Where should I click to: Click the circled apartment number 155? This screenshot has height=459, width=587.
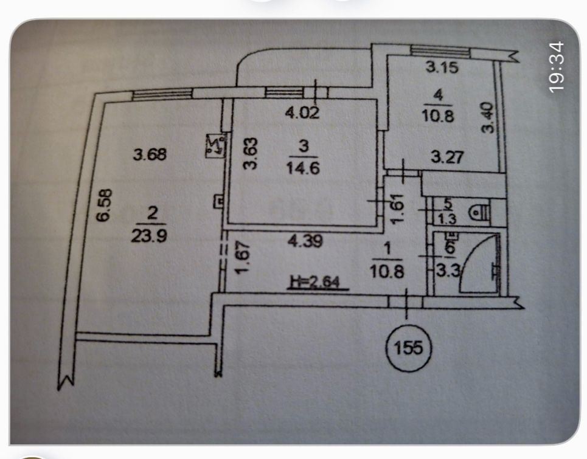pos(408,348)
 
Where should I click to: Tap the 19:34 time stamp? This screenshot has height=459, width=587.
pos(556,66)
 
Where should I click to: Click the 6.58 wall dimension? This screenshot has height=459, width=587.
pos(104,205)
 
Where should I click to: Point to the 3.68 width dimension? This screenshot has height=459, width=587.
pos(150,154)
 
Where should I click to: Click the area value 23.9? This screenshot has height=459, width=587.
pos(149,236)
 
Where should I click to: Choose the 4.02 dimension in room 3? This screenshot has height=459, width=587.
pos(302,112)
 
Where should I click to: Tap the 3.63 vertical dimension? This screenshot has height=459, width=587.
pos(251,153)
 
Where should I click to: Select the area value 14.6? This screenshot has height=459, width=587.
pos(304,168)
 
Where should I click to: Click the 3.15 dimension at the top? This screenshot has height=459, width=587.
pos(442,67)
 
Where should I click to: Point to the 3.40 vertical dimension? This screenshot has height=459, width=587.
pos(488,118)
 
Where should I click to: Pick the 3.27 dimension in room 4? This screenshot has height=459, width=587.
pos(447,157)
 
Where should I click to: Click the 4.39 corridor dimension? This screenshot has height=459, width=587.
pos(305,241)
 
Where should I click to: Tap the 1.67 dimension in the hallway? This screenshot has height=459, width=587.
pos(243,257)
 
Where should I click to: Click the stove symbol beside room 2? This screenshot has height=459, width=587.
pos(216,145)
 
